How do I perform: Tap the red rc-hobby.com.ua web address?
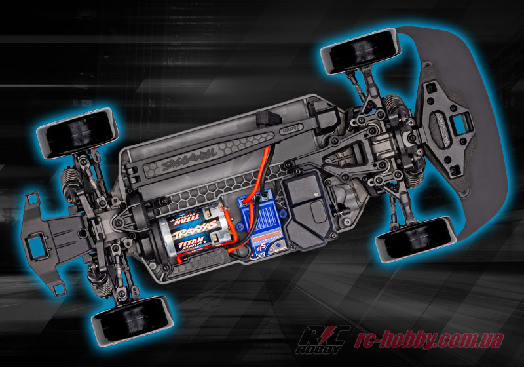point(428,340)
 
